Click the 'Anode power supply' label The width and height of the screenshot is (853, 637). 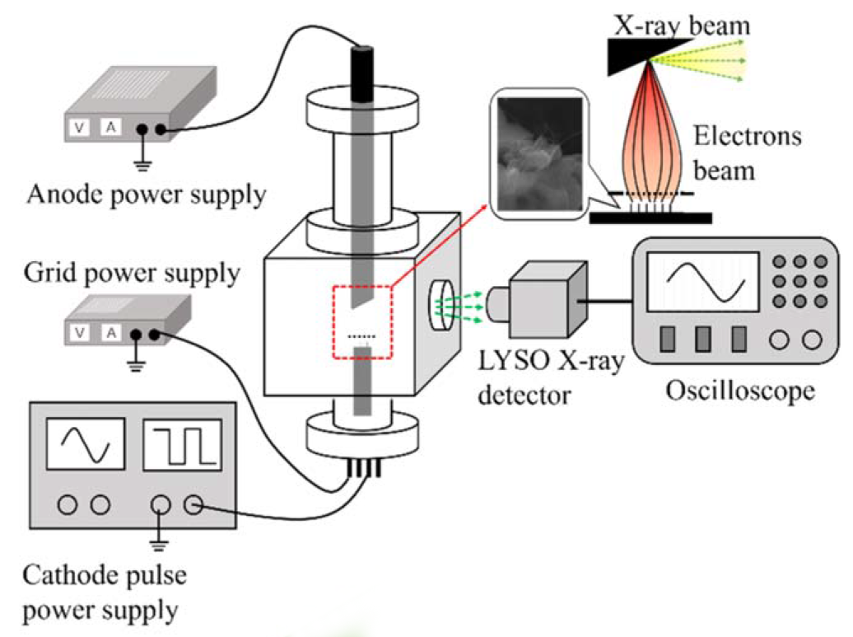pos(146,195)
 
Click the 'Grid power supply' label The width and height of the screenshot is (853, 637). pos(131,273)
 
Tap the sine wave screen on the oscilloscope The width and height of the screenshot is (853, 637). pos(703,283)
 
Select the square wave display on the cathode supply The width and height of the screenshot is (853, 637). pos(182,447)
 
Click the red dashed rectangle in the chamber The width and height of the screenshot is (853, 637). pos(362,321)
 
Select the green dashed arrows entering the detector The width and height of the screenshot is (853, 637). pos(466,303)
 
